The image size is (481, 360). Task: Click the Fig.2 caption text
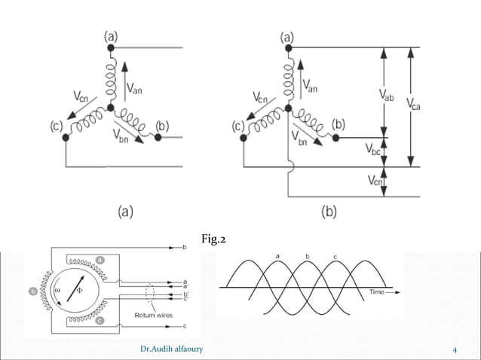214,240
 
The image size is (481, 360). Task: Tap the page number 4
455,349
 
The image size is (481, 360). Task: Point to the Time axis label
377,291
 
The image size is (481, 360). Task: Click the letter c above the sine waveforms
334,258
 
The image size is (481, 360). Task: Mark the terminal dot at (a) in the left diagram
111,47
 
